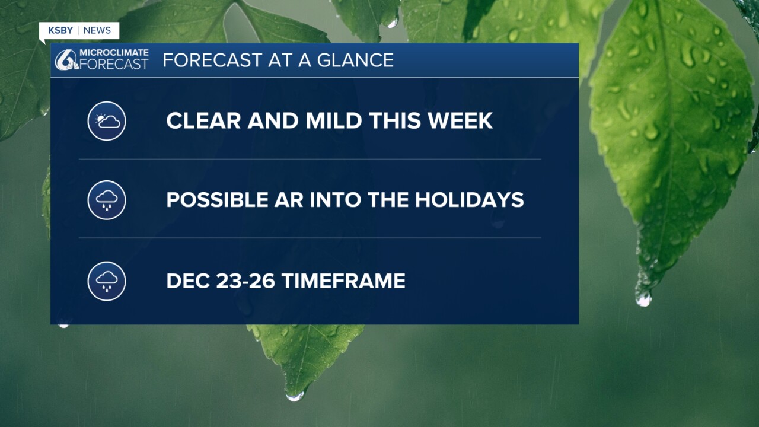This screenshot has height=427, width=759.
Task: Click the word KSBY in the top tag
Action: point(60,30)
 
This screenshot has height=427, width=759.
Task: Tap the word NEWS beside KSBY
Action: point(97,30)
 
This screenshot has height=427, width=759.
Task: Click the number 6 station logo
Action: point(66,60)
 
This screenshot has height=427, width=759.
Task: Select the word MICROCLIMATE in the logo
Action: point(114,53)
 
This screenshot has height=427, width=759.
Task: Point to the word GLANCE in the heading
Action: point(355,60)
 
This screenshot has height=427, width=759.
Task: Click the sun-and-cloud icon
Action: point(107,121)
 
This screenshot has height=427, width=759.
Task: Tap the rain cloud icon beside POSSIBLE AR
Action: point(107,200)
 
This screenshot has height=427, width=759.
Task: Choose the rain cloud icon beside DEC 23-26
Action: point(107,281)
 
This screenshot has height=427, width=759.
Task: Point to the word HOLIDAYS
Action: point(470,200)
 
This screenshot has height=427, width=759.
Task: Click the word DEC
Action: point(188,281)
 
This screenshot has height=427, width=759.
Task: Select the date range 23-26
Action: point(245,281)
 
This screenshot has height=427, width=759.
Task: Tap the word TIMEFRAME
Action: point(343,281)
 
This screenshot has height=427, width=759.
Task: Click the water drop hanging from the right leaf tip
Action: point(643,299)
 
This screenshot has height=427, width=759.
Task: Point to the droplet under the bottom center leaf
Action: point(295,396)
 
